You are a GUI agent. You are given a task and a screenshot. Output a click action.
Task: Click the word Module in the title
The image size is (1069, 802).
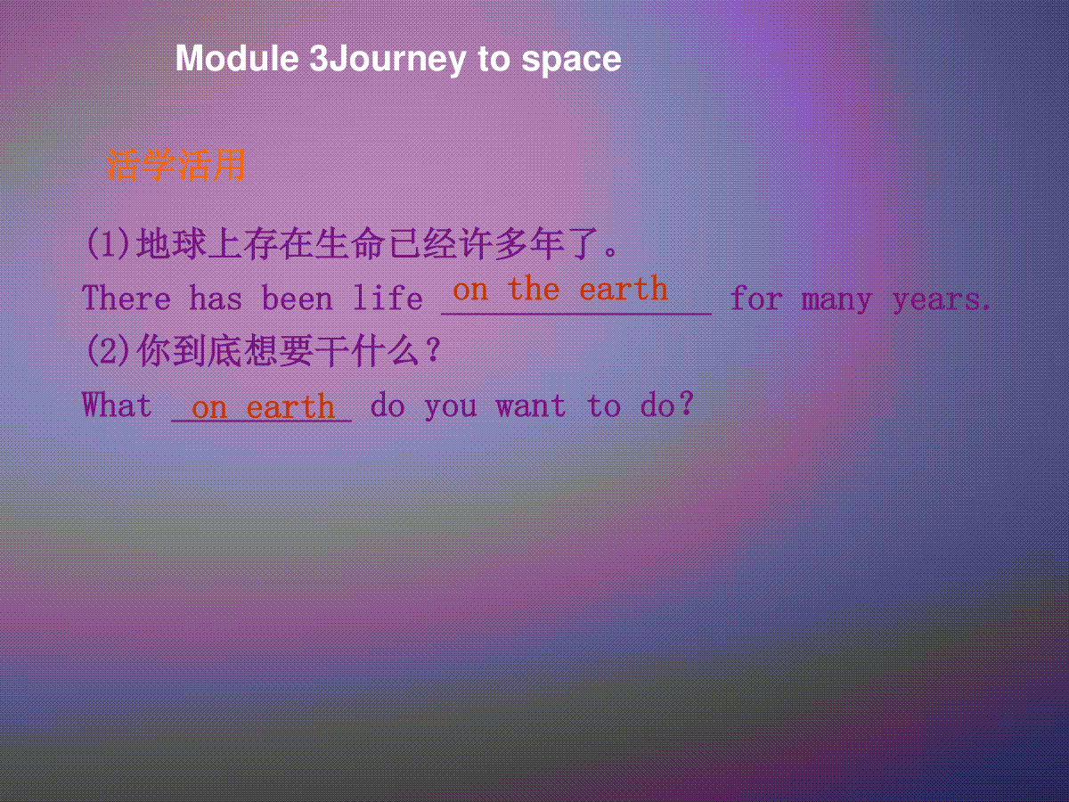237,59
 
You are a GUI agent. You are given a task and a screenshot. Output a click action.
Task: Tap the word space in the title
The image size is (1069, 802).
571,61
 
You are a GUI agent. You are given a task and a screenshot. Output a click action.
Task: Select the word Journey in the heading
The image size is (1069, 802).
398,61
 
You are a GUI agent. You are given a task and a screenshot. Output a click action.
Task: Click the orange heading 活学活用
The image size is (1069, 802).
175,165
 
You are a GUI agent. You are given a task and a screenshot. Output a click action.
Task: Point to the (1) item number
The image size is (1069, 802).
108,244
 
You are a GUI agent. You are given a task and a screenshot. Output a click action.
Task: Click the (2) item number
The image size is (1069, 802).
108,350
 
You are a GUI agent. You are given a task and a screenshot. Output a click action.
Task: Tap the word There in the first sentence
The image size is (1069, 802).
126,298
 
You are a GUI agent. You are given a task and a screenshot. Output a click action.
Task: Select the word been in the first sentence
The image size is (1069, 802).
297,298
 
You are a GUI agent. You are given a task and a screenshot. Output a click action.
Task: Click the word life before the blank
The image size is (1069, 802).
388,298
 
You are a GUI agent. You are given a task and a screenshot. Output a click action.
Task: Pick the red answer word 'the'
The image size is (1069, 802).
534,288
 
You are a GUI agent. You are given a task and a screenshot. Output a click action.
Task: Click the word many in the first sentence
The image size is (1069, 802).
836,300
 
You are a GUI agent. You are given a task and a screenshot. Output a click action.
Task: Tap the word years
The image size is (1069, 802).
941,300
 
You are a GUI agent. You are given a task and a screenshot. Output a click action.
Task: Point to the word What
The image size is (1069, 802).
117,405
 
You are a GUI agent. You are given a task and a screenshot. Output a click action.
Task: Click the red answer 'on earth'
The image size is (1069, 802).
263,407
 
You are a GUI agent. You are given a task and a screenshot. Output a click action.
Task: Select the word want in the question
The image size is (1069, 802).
531,406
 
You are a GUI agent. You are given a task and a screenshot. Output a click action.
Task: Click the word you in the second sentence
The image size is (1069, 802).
451,408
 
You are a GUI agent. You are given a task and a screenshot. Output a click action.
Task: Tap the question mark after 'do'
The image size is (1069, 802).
686,403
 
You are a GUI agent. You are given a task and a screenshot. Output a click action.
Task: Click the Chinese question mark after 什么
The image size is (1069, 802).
431,349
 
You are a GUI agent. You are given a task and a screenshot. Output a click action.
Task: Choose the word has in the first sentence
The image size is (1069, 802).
216,298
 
